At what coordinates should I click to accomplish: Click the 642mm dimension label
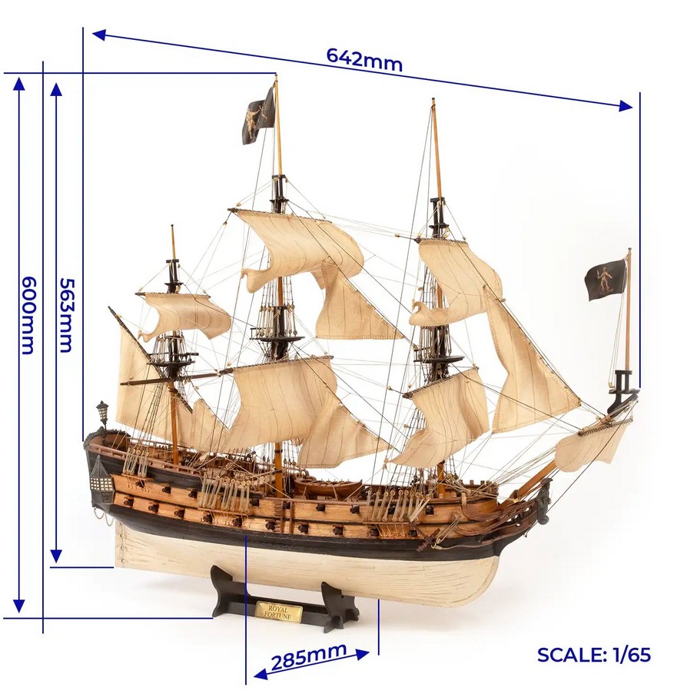point(363,59)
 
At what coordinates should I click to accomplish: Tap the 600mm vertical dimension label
point(27,315)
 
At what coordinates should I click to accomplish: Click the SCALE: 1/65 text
point(593,655)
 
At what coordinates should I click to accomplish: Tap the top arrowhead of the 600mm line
point(19,81)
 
